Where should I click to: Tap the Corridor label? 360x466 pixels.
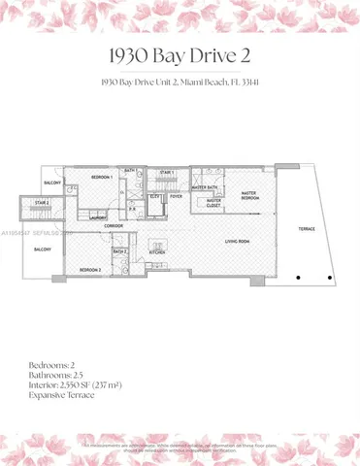pyautogui.click(x=114, y=225)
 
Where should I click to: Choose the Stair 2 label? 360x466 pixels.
pyautogui.click(x=42, y=203)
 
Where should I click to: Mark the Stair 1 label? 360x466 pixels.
pyautogui.click(x=166, y=173)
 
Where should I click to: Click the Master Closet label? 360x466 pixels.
pyautogui.click(x=213, y=203)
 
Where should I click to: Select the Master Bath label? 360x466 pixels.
pyautogui.click(x=205, y=186)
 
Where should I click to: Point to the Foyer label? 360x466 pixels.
pyautogui.click(x=177, y=195)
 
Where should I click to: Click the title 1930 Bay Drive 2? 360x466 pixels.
pyautogui.click(x=180, y=51)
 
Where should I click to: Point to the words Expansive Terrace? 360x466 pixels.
pyautogui.click(x=62, y=396)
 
